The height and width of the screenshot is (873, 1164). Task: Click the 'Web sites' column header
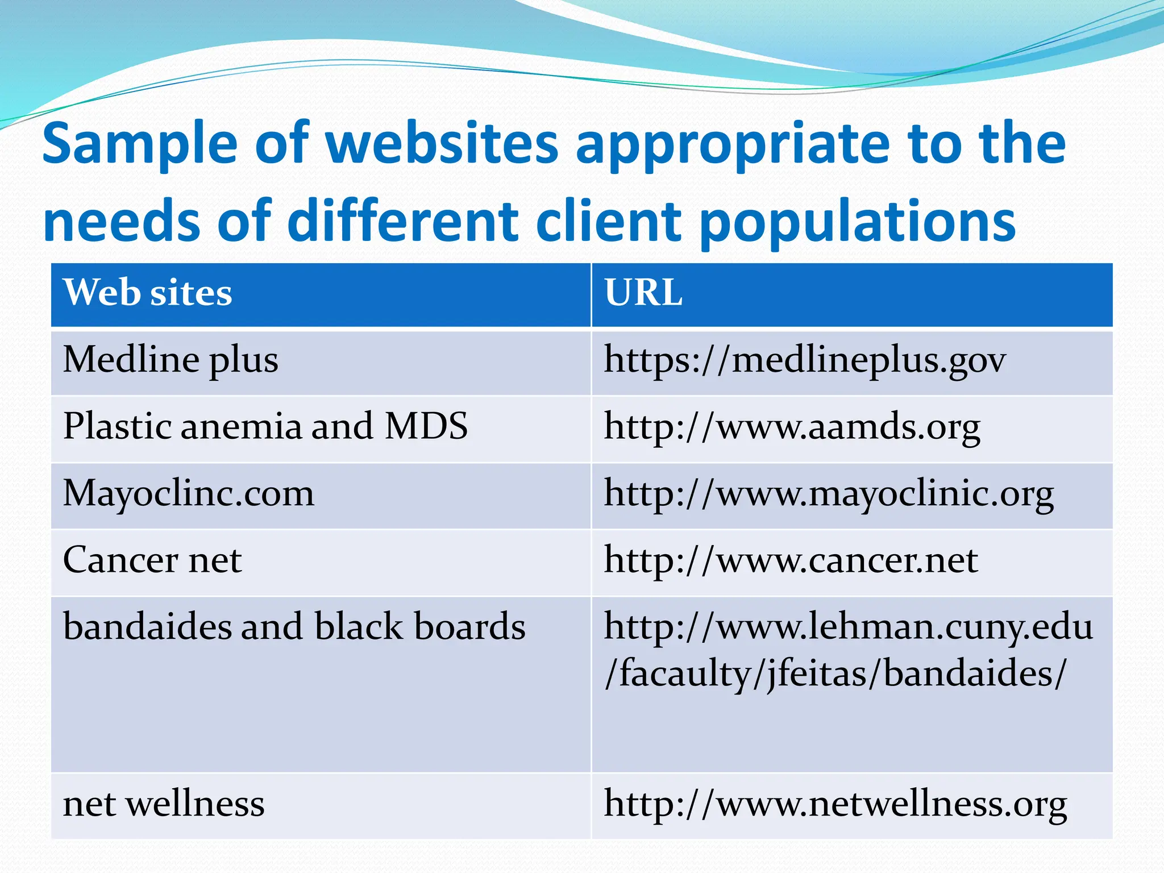(x=148, y=293)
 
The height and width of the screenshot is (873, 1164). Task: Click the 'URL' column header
(x=643, y=293)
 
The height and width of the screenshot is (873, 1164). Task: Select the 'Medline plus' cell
(x=171, y=360)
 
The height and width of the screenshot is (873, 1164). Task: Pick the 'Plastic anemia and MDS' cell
(x=265, y=426)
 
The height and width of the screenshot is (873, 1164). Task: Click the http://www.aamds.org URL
(x=792, y=427)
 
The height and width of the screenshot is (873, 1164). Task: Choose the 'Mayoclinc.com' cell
(x=188, y=493)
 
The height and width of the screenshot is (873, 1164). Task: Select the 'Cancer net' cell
(x=152, y=560)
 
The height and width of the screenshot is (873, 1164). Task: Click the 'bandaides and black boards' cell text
(x=294, y=627)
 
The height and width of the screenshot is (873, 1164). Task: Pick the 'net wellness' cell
(x=164, y=804)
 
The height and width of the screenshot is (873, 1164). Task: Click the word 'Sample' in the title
(x=140, y=145)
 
